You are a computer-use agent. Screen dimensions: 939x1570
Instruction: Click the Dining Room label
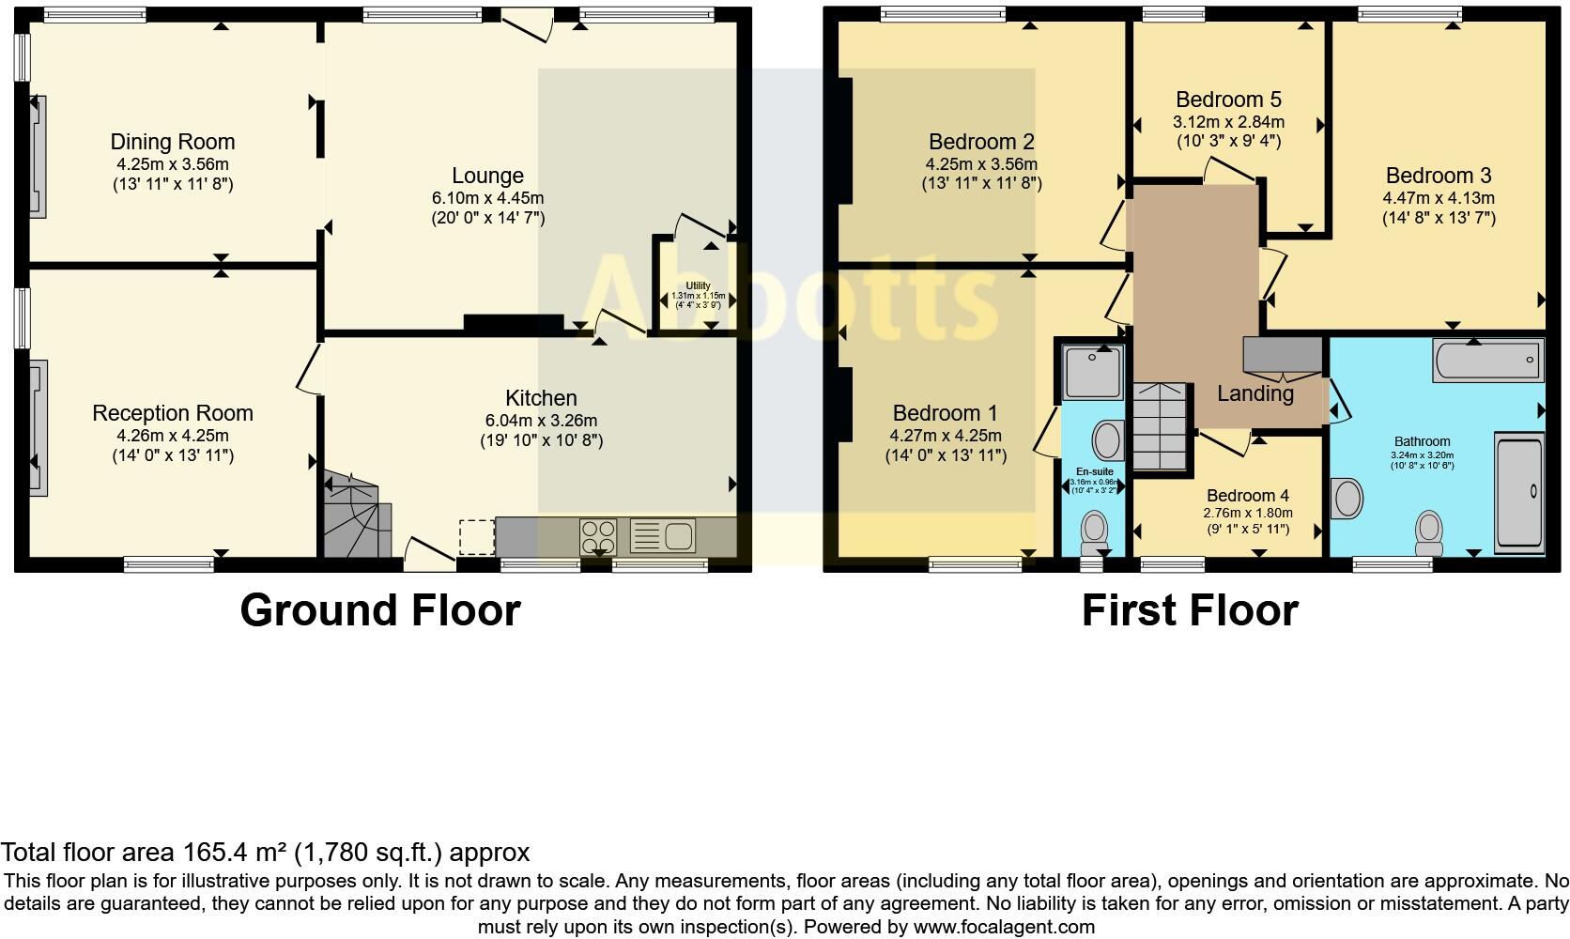coord(173,142)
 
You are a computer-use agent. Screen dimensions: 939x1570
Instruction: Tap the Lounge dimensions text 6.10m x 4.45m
coord(487,198)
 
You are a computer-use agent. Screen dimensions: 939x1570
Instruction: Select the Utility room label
coord(698,285)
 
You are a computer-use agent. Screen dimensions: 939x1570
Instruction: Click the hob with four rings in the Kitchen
coord(597,537)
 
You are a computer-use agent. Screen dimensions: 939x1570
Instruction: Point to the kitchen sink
coord(678,536)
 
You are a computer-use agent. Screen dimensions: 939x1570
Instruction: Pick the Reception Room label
coord(173,413)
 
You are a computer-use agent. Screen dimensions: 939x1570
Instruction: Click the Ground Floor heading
coord(379,610)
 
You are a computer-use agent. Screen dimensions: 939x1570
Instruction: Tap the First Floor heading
coord(1189,610)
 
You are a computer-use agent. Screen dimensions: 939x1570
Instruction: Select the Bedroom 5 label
coord(1228,100)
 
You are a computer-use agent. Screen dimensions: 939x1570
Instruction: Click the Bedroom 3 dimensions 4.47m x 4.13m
coord(1438,198)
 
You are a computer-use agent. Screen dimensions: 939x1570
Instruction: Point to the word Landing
coord(1254,393)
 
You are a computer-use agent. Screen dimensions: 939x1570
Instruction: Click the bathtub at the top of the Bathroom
coord(1488,361)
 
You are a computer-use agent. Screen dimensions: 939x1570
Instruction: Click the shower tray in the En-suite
coord(1093,370)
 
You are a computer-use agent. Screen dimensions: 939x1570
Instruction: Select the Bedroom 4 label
coord(1247,496)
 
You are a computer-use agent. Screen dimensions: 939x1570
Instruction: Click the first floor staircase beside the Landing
coord(1161,427)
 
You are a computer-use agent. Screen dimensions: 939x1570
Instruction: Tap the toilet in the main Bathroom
coord(1429,531)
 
